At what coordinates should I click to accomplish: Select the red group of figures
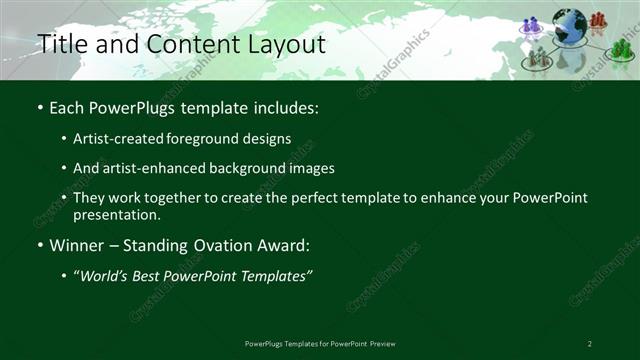click(x=598, y=19)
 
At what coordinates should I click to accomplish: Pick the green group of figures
click(x=622, y=49)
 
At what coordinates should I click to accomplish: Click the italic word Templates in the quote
click(x=274, y=275)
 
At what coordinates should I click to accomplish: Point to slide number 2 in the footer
click(x=589, y=343)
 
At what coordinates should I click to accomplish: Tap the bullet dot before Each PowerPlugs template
click(x=39, y=107)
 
